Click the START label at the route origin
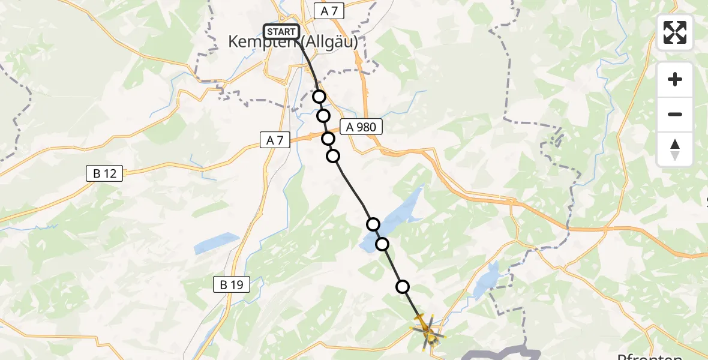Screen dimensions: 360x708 281,32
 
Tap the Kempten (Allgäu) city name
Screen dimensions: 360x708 293,42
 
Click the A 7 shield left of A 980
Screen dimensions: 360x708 275,140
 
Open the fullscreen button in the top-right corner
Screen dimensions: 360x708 675,32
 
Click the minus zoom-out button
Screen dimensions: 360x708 675,114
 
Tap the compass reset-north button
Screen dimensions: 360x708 675,149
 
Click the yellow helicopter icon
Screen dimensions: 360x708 428,329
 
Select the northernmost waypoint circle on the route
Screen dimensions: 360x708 319,97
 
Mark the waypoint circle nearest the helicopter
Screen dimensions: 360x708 403,287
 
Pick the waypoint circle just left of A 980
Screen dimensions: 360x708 328,139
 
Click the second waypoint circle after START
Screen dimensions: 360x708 323,116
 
